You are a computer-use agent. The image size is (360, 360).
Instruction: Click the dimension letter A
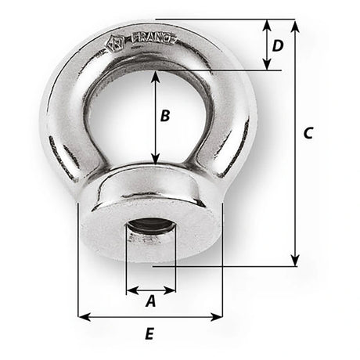(x=151, y=298)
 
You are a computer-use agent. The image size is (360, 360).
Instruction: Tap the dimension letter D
(x=277, y=45)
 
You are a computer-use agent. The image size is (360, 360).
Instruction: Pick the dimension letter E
(x=150, y=333)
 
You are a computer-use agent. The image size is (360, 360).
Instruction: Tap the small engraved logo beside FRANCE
(x=114, y=44)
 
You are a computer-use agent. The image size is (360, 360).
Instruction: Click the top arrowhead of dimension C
(x=294, y=24)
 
